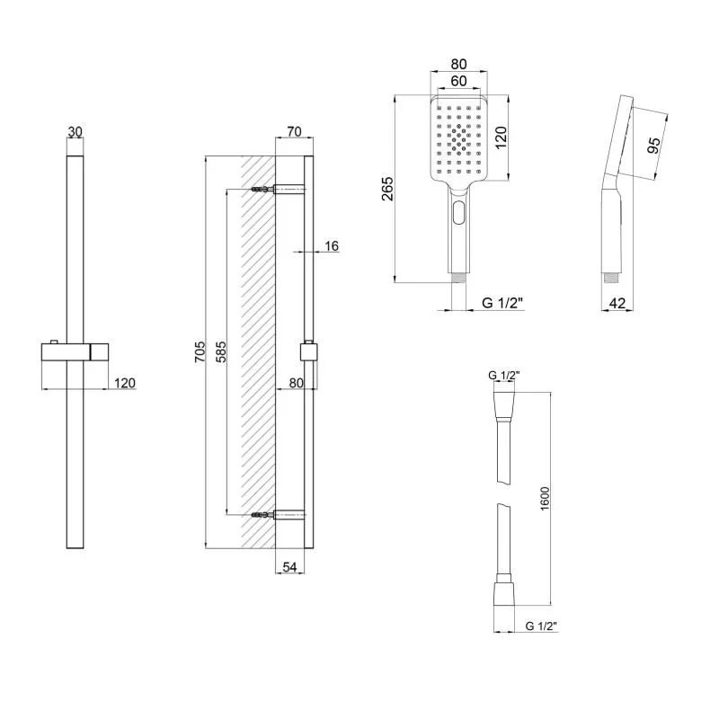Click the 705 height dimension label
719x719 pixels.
coord(200,351)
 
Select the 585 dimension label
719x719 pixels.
coord(221,351)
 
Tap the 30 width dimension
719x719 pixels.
coord(75,131)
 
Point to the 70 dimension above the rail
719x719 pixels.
coord(294,131)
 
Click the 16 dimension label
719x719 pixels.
coord(332,246)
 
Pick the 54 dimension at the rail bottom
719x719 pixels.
coord(289,567)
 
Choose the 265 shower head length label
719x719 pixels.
coord(387,189)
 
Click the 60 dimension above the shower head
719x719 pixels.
coord(458,81)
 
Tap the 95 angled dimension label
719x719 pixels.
coord(653,145)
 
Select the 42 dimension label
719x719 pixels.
coord(617,303)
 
